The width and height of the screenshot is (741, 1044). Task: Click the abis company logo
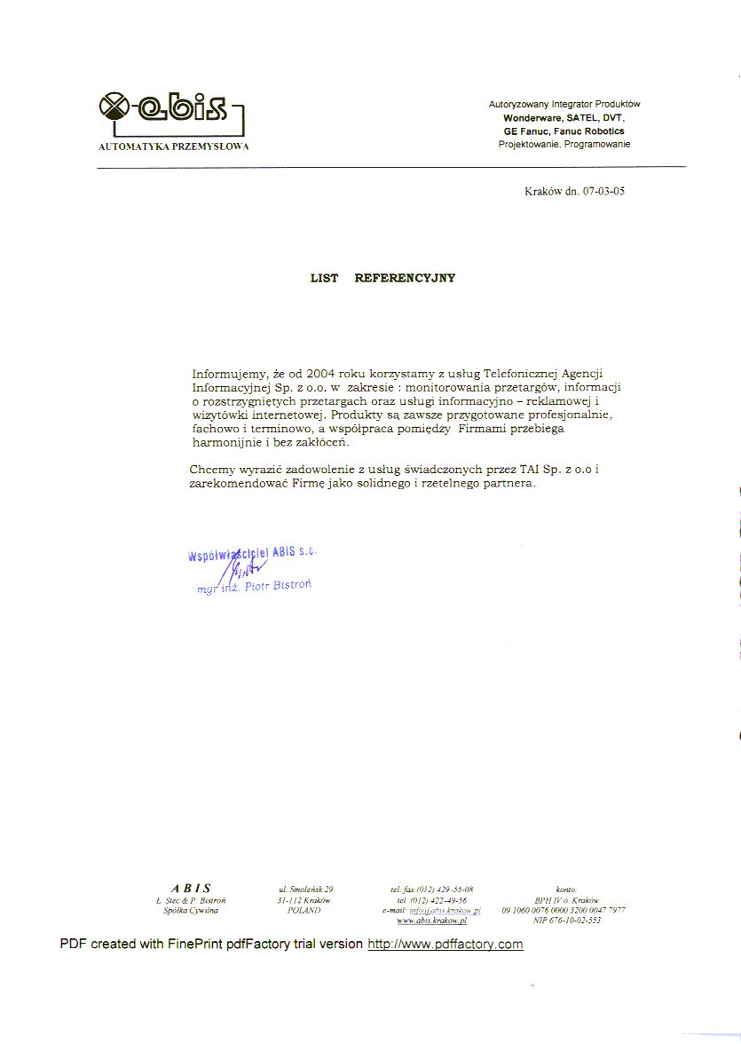(x=169, y=111)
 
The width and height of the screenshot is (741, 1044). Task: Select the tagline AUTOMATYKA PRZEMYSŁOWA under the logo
(x=173, y=146)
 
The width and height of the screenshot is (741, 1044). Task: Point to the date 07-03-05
(x=603, y=191)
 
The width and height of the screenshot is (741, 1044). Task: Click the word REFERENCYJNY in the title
(x=405, y=278)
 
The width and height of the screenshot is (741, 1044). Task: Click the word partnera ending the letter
(x=507, y=484)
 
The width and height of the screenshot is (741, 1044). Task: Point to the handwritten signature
(x=240, y=568)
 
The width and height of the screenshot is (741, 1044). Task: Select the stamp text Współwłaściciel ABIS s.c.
(x=252, y=554)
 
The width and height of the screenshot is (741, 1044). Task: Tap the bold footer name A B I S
(x=191, y=888)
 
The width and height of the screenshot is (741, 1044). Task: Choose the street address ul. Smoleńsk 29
(x=305, y=889)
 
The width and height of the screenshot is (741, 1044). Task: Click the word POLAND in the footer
(x=304, y=910)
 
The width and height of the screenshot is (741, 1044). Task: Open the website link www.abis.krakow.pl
(x=432, y=921)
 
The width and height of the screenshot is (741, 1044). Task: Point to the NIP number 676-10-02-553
(x=567, y=921)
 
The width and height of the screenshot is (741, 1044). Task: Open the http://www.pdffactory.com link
(x=445, y=944)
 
